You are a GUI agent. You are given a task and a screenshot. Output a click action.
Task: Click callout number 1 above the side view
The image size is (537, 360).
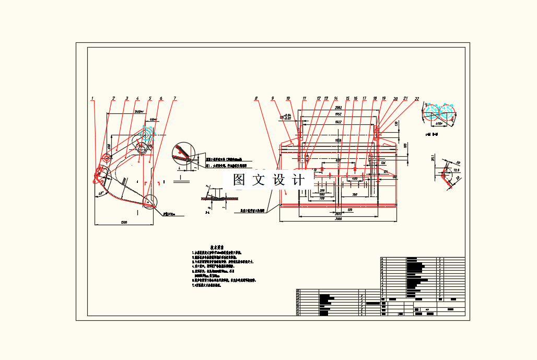pyautogui.click(x=92, y=98)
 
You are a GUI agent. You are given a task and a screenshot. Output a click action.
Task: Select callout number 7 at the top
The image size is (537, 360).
pyautogui.click(x=175, y=98)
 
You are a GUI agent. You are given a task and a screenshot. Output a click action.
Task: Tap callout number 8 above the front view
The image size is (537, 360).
pyautogui.click(x=256, y=98)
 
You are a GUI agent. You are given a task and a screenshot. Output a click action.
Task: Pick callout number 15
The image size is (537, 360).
pyautogui.click(x=347, y=98)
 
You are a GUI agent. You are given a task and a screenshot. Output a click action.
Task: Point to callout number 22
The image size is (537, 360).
pyautogui.click(x=417, y=98)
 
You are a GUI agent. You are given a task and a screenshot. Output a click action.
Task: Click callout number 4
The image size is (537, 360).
pyautogui.click(x=137, y=98)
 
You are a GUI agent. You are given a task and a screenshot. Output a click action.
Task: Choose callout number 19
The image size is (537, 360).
pyautogui.click(x=384, y=98)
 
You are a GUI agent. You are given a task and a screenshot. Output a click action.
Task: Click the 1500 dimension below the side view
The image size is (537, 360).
pyautogui.click(x=124, y=223)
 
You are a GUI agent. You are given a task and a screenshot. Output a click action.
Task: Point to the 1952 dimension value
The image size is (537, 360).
pyautogui.click(x=338, y=114)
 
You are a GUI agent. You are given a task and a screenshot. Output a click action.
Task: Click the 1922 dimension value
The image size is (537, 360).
pyautogui.click(x=338, y=122)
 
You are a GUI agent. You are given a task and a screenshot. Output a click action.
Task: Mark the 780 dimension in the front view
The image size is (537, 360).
pyautogui.click(x=355, y=194)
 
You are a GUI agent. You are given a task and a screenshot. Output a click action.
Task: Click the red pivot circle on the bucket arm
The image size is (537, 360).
pyautogui.click(x=106, y=157)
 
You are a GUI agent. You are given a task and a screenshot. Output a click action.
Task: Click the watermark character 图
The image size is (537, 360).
pyautogui.click(x=239, y=180)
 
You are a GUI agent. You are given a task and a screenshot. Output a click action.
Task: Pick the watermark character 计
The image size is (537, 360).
pyautogui.click(x=299, y=180)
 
